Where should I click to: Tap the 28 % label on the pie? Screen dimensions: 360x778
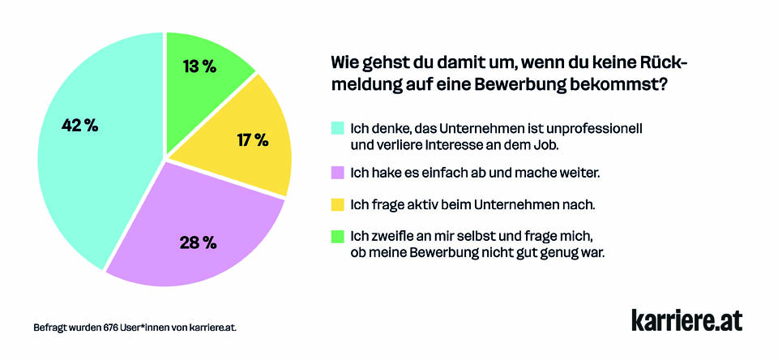198,242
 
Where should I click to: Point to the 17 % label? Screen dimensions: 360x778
252,139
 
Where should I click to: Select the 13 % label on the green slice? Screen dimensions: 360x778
199,66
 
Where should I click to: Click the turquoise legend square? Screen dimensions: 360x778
337,128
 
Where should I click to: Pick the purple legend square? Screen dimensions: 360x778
337,173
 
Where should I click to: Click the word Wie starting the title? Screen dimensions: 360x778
344,63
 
